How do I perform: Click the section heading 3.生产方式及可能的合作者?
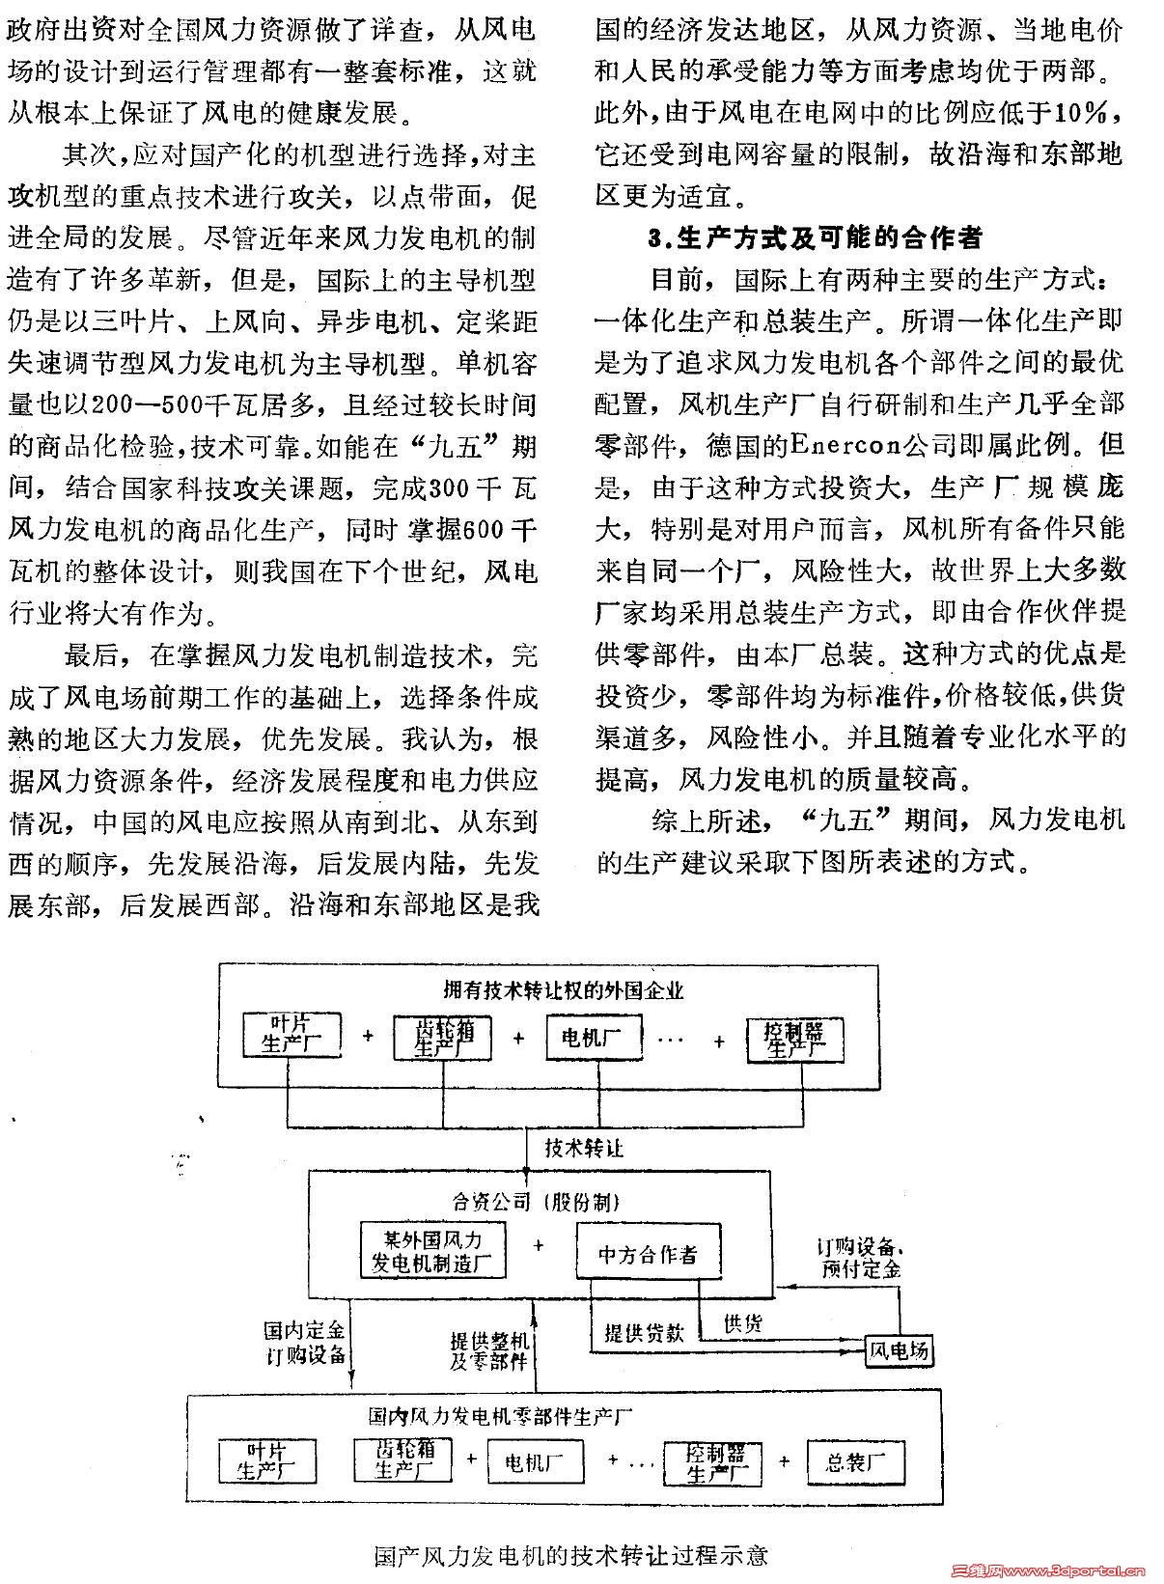[816, 237]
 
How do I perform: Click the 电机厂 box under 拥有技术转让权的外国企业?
[593, 1039]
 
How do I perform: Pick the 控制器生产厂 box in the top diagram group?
[795, 1039]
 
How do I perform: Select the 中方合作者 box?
[648, 1254]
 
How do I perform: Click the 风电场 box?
[899, 1349]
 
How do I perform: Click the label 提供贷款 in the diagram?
[644, 1333]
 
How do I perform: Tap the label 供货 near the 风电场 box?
[743, 1323]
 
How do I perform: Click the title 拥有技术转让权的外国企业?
[564, 990]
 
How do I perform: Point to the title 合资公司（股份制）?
[537, 1202]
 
